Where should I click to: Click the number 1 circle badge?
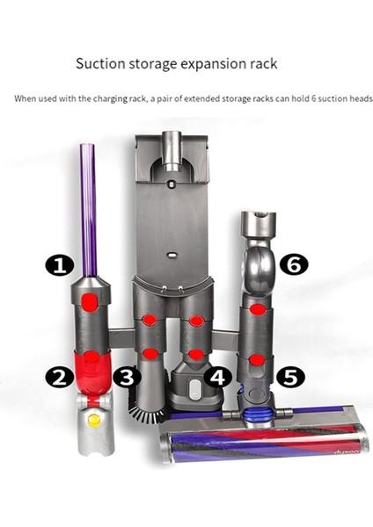coord(59,263)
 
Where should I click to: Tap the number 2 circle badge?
coord(59,377)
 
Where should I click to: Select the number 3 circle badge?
coord(128,378)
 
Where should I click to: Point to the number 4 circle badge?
coord(219,378)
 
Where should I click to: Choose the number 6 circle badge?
coord(295,263)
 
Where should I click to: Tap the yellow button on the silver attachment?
coord(94,421)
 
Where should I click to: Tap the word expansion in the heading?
coord(212,63)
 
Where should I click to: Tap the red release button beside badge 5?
coord(256,359)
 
